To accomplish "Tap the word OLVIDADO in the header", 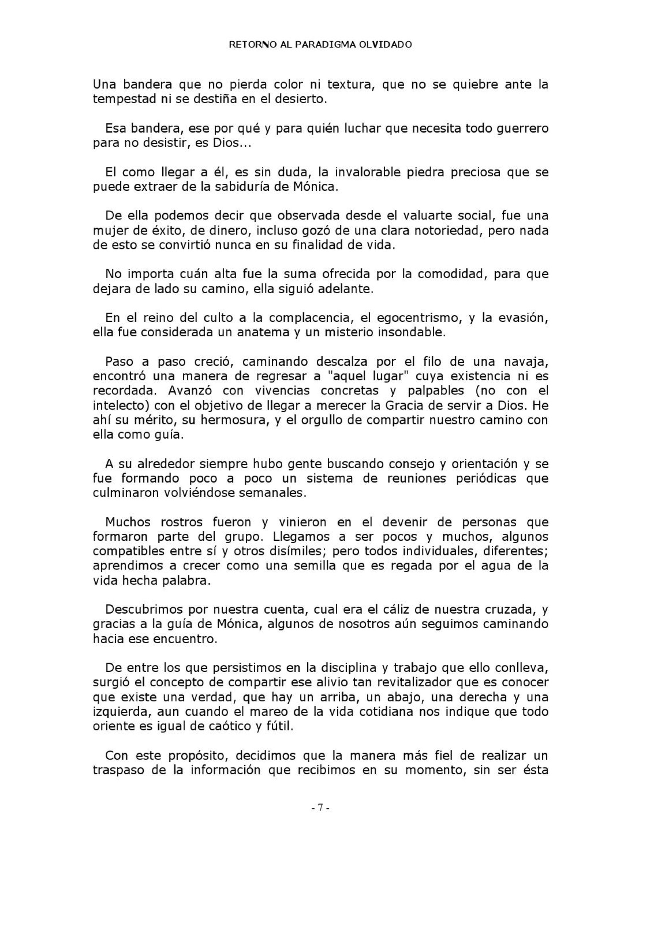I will pyautogui.click(x=386, y=45).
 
